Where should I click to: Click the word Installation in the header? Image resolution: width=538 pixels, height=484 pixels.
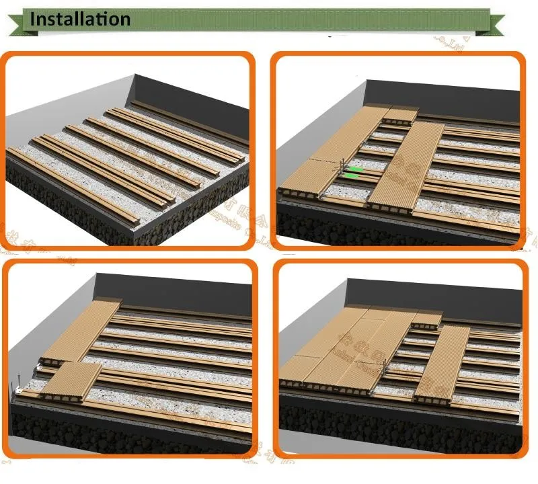(x=80, y=19)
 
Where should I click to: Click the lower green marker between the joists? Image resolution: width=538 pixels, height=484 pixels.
(x=351, y=177)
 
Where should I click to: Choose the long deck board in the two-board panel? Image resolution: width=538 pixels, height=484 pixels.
(x=81, y=329)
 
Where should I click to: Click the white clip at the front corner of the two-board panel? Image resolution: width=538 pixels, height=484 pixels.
(x=18, y=390)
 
